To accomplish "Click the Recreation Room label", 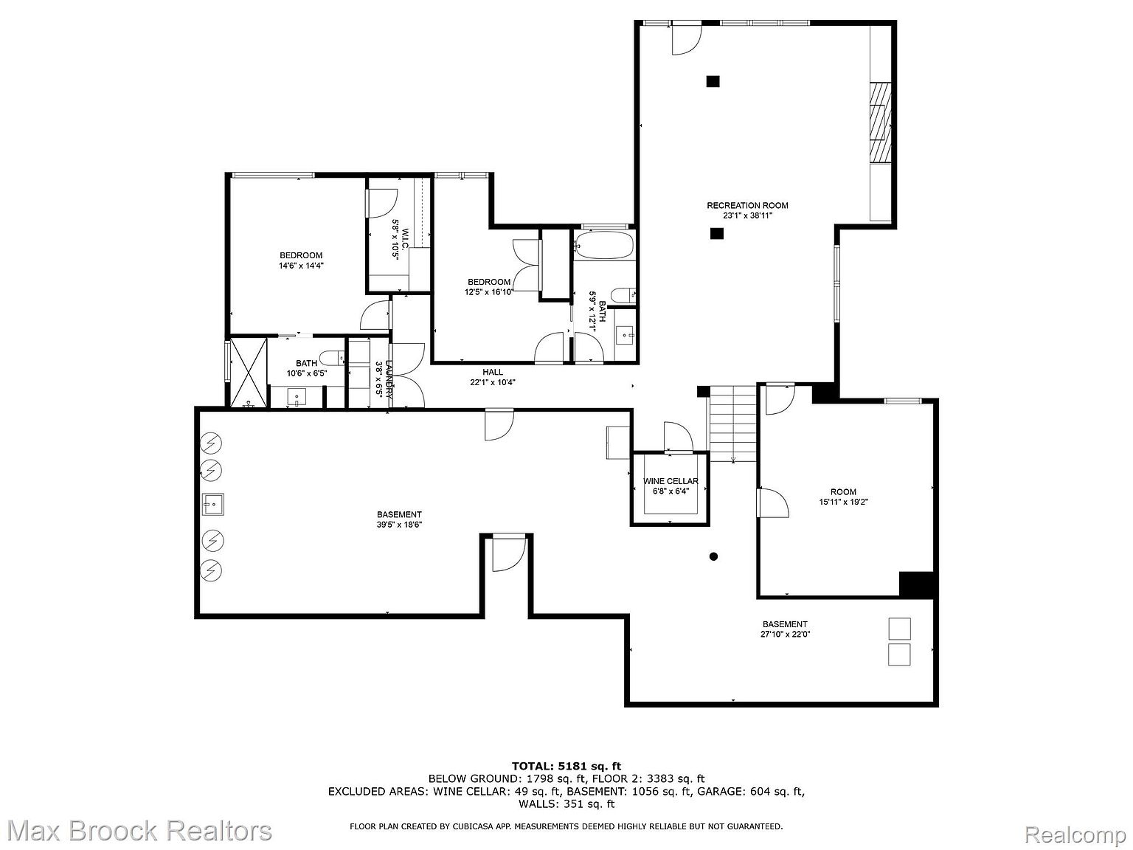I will tap(746, 206).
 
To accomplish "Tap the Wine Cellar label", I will tap(670, 481).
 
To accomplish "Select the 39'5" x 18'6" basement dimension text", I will tap(398, 525).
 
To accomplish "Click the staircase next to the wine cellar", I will tap(732, 424).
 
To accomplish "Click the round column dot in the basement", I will tap(713, 556).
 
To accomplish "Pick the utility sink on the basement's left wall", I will tap(212, 505).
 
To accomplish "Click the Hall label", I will tap(493, 372).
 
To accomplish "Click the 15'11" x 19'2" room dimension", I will tap(843, 502).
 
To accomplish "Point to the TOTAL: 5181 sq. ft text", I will tap(566, 766).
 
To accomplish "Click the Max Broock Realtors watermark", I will tap(136, 831).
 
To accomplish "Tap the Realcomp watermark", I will tap(1075, 836).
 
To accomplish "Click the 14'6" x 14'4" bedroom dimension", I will tap(301, 266).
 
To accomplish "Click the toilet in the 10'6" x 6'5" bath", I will tap(333, 358).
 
